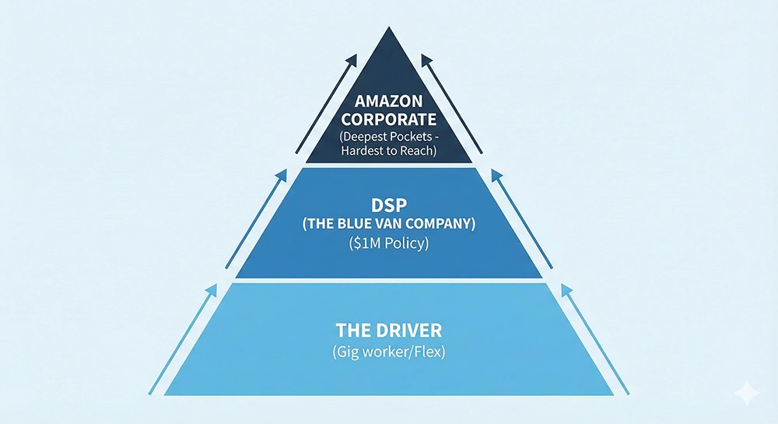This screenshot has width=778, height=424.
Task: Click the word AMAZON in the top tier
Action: point(388,102)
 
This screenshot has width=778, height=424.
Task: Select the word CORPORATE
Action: point(388,121)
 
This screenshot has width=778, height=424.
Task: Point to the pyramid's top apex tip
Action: point(388,29)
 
